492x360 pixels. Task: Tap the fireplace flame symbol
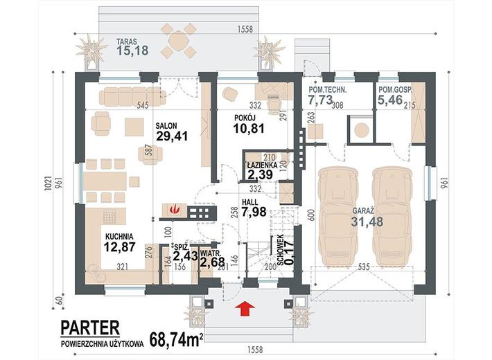click(173, 208)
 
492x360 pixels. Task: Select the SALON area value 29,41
click(172, 136)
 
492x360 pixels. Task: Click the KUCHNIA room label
click(119, 237)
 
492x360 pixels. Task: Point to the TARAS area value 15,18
click(132, 50)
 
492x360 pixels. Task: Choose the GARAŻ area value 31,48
click(367, 222)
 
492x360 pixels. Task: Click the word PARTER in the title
click(90, 327)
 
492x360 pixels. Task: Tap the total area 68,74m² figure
click(176, 339)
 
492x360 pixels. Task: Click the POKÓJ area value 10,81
click(249, 128)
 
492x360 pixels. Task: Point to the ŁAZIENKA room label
click(261, 165)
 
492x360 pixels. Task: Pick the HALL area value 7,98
click(254, 212)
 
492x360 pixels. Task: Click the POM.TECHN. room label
click(328, 90)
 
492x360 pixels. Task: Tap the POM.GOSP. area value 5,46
click(390, 100)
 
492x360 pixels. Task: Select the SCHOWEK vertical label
click(281, 250)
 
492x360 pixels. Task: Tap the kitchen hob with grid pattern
click(109, 217)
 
